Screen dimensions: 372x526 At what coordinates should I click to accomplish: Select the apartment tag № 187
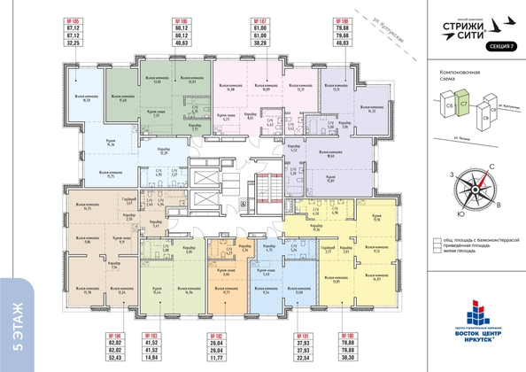pos(261,19)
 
